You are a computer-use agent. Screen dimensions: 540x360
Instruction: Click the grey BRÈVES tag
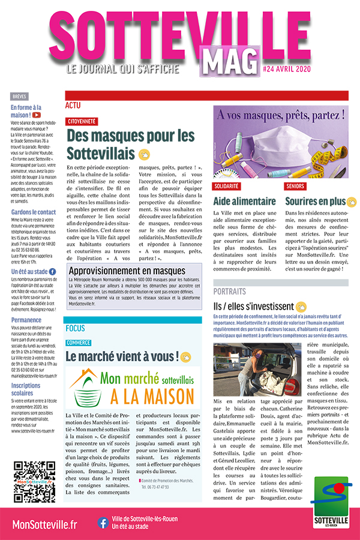[x=19, y=96]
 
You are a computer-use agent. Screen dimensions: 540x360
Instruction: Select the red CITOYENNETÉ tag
[x=82, y=121]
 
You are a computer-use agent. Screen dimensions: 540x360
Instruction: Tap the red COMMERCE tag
[x=79, y=343]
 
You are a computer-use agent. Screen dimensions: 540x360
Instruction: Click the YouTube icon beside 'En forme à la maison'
[x=37, y=115]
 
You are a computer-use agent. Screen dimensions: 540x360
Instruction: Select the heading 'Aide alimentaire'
[x=242, y=202]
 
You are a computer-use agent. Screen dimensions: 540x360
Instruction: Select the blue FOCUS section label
[x=76, y=328]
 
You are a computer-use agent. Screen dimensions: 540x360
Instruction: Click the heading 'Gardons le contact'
[x=33, y=212]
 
